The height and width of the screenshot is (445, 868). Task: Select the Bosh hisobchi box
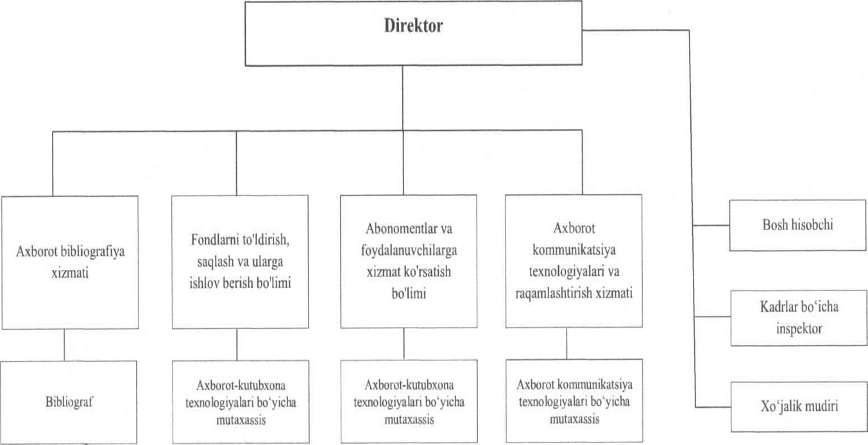point(797,225)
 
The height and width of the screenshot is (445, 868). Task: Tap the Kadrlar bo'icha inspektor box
point(797,317)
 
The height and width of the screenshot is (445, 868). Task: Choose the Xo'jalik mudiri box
point(797,407)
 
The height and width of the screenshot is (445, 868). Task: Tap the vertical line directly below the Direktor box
point(403,96)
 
